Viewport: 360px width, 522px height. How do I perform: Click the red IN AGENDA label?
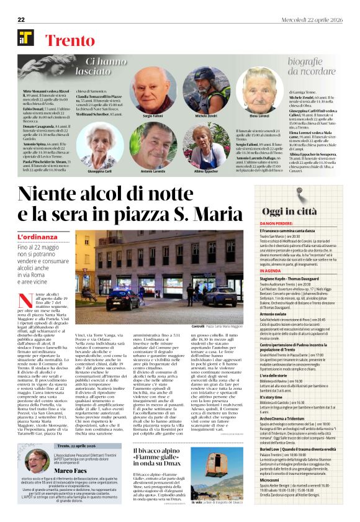(x=270, y=271)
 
